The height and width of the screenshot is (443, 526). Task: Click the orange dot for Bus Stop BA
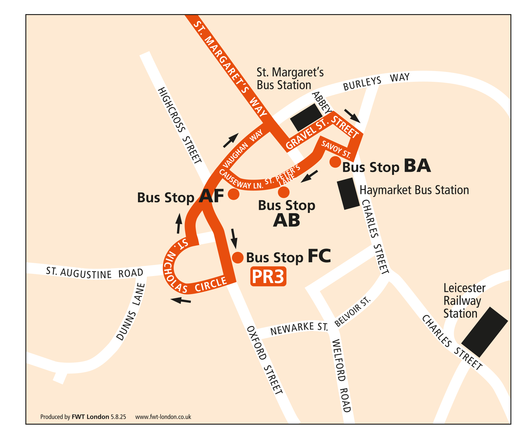pos(335,161)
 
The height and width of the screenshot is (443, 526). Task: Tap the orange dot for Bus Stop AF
pos(234,194)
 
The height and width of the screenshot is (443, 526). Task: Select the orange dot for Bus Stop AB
pos(284,192)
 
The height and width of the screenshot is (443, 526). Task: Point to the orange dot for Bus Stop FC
pos(238,258)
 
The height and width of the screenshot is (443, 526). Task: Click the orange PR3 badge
pos(268,277)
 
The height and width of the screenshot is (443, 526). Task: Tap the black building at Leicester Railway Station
pos(484,332)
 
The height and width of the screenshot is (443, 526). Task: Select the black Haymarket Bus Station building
pos(348,195)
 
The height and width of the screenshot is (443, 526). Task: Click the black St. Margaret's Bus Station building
pos(306,117)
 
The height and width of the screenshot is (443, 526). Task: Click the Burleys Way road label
pos(376,81)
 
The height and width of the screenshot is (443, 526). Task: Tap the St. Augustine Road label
pos(95,273)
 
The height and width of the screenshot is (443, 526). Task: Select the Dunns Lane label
pos(131,312)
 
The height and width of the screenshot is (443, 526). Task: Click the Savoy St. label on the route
pos(335,149)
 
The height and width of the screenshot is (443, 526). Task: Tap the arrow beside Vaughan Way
pos(231,141)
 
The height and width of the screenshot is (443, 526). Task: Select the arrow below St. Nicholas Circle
pos(181,301)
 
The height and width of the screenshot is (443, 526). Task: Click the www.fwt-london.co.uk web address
pos(163,417)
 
